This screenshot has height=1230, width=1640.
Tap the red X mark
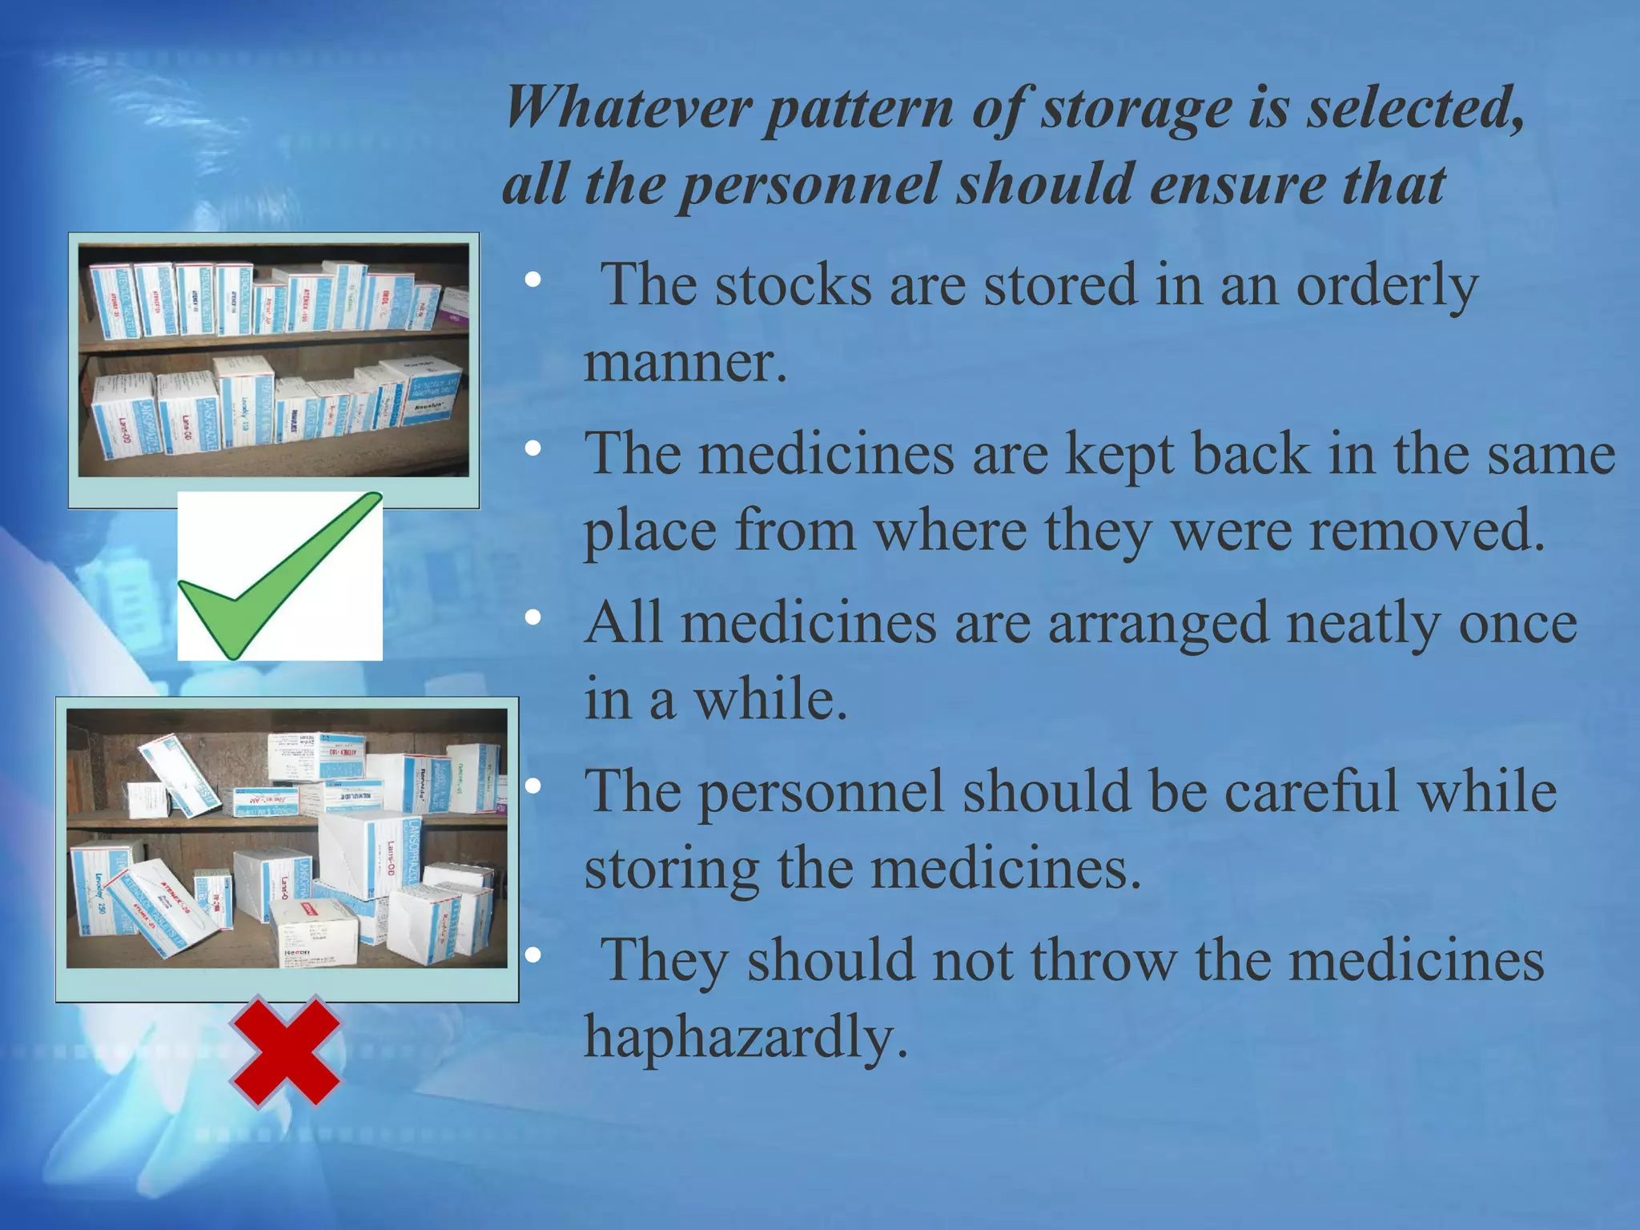286,1051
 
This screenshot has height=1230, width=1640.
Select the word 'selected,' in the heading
1415,108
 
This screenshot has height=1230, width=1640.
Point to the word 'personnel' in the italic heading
810,184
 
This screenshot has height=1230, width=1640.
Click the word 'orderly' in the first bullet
1387,286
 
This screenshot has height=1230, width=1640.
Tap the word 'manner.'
685,363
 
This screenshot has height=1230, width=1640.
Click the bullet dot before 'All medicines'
533,618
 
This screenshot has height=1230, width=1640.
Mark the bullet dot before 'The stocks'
533,279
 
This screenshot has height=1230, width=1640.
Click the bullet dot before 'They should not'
533,955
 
